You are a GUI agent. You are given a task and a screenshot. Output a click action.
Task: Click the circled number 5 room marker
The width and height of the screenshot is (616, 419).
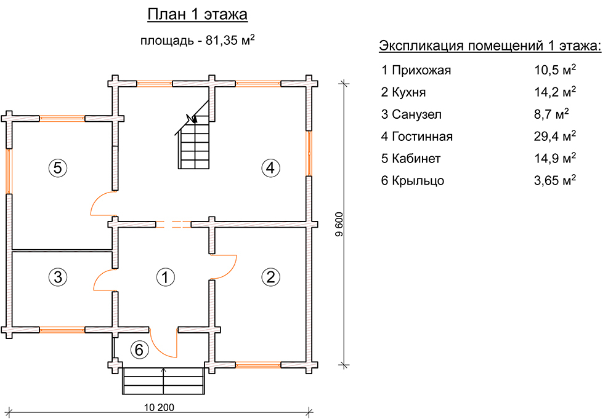58,168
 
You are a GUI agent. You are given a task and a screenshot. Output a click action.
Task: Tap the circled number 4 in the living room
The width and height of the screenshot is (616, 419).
270,168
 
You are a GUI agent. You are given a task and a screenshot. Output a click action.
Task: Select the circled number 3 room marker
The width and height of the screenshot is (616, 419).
58,277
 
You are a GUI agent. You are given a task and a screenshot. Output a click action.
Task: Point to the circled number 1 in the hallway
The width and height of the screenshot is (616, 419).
165,277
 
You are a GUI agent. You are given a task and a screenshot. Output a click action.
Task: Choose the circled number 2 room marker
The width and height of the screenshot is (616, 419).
270,277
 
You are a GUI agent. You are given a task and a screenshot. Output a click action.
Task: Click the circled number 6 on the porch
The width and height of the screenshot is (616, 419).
139,349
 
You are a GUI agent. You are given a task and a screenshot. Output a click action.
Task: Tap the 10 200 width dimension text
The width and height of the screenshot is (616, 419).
159,407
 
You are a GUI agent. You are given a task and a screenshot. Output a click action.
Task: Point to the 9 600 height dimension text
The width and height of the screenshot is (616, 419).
339,225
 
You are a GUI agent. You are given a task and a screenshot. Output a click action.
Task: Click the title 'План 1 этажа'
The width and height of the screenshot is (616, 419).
197,15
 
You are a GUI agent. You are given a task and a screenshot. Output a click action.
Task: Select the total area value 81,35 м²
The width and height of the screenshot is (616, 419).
230,39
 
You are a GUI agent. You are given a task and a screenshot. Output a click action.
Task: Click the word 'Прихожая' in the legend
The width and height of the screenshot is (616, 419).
421,70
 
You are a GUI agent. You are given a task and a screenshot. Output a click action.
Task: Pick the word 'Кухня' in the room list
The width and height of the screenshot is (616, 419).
408,92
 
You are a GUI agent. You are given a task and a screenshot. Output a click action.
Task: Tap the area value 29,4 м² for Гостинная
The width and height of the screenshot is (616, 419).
555,136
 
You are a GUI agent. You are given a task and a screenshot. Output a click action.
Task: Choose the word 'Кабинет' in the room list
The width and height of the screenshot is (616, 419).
416,159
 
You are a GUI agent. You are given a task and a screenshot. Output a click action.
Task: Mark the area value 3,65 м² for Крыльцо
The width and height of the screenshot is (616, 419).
555,180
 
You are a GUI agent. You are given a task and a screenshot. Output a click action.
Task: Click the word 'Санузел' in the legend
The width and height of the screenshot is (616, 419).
416,114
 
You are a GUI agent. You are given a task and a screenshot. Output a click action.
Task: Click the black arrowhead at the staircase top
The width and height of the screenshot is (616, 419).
192,118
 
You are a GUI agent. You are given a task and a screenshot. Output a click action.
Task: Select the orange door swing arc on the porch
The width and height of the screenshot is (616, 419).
163,343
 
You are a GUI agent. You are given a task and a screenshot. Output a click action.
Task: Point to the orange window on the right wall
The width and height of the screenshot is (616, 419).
310,153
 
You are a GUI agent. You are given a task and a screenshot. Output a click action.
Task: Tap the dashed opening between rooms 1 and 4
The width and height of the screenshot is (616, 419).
173,225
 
